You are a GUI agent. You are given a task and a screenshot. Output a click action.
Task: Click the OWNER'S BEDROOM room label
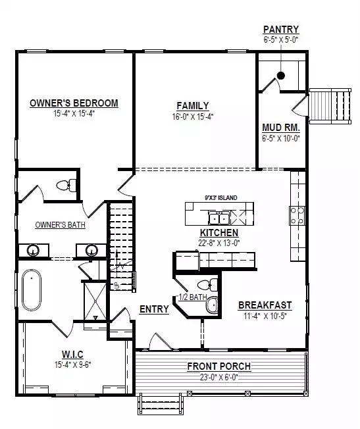[74, 103]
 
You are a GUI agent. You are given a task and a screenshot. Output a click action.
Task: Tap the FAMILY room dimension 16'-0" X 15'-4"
[193, 117]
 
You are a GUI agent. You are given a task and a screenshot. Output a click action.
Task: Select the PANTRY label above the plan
[281, 29]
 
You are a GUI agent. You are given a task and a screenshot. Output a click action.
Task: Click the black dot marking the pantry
[281, 75]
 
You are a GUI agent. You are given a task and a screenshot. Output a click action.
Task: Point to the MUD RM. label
[281, 128]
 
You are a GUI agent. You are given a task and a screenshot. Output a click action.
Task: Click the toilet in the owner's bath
[66, 186]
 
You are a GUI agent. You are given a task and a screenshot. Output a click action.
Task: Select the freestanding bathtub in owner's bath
[32, 290]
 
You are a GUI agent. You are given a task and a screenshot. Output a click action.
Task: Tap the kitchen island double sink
[219, 218]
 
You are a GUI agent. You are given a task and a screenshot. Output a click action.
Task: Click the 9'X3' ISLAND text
[221, 197]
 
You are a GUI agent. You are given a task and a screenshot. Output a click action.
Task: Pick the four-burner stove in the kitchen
[297, 216]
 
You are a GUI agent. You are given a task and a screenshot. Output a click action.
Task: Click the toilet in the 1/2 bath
[207, 285]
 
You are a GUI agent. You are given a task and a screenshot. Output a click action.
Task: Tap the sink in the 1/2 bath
[212, 305]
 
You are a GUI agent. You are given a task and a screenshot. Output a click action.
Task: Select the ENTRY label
[154, 309]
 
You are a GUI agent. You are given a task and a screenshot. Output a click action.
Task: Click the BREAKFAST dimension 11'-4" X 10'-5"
[265, 316]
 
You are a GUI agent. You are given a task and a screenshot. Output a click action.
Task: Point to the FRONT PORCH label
[219, 366]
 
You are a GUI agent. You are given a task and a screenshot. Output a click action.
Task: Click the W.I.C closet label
[72, 354]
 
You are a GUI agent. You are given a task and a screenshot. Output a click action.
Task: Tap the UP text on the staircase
[116, 286]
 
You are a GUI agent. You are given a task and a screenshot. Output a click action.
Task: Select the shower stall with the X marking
[95, 301]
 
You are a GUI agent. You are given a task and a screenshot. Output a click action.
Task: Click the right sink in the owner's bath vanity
[91, 250]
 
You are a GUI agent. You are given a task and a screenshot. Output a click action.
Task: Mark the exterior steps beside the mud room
[330, 106]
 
